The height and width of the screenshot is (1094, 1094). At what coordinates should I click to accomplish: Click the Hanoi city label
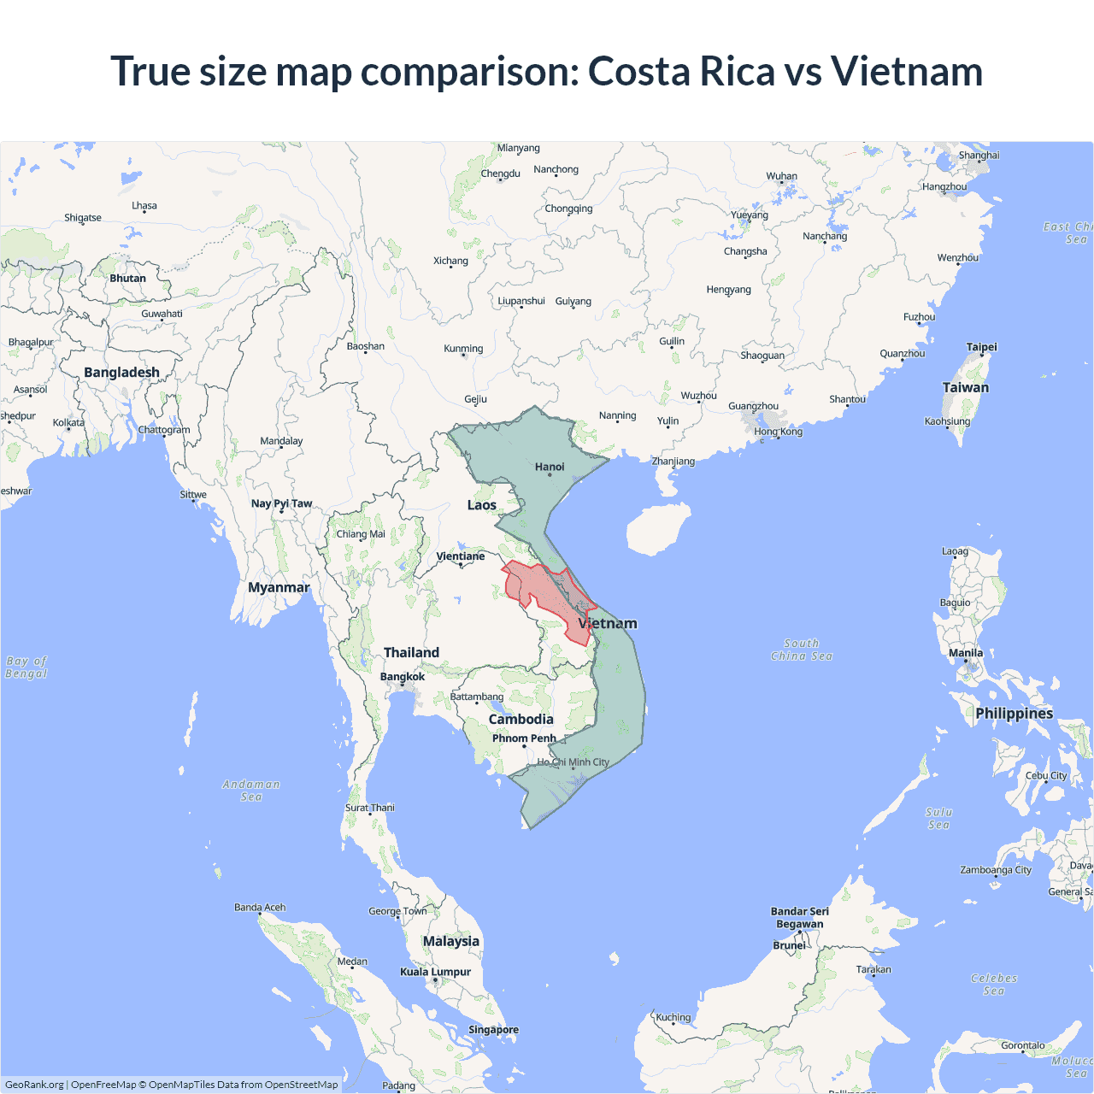[550, 467]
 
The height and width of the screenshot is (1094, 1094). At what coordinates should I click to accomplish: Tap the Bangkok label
[402, 677]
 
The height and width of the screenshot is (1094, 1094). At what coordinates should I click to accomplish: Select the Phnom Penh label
[524, 738]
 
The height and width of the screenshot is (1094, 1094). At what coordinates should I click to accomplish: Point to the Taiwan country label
[965, 387]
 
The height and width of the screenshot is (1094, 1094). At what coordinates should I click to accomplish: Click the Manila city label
[966, 653]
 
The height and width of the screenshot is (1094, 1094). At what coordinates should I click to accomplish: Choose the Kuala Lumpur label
[435, 972]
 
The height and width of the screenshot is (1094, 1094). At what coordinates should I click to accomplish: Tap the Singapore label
[493, 1030]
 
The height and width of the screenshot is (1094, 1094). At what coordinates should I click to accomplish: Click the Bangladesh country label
[121, 373]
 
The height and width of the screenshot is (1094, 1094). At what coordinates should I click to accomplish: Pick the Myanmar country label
[279, 587]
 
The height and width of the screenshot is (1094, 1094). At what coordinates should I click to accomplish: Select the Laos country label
[481, 505]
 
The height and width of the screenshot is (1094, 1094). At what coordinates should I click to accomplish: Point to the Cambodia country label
[521, 720]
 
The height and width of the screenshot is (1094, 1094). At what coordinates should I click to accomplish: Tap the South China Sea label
[801, 650]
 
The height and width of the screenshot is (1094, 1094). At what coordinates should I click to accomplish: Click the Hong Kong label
[778, 432]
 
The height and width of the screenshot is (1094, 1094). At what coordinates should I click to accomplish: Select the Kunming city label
[463, 349]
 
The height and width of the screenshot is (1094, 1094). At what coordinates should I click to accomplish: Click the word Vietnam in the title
[906, 71]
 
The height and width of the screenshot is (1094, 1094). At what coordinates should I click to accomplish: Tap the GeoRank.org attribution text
[34, 1085]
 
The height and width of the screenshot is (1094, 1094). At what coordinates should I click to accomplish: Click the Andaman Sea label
[250, 791]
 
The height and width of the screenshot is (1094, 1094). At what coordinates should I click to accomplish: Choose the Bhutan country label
[127, 279]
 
